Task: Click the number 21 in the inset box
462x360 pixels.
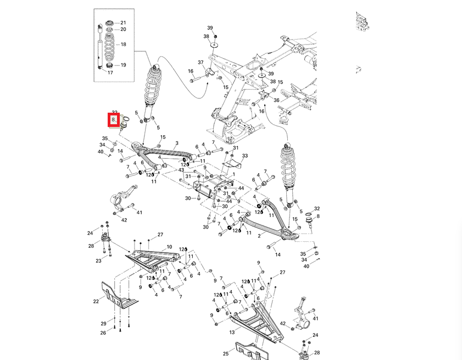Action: point(123,23)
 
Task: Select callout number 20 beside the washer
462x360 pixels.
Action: point(123,29)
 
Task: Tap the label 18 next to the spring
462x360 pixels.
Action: point(123,45)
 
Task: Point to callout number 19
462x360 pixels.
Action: point(123,65)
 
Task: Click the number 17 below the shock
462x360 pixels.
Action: point(110,73)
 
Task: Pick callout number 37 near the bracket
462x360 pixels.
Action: point(201,62)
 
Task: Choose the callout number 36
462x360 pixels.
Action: point(276,100)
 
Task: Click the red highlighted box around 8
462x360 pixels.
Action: point(114,119)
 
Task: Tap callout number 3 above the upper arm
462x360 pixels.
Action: point(177,143)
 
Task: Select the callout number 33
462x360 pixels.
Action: point(245,156)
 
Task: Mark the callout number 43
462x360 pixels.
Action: point(181,170)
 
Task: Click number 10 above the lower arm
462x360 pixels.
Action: point(169,247)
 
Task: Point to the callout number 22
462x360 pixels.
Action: point(96,301)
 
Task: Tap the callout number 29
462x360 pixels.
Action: point(103,323)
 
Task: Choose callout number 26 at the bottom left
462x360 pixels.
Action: point(103,333)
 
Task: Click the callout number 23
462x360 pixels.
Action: point(98,261)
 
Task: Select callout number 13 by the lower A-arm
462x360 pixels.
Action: point(231,333)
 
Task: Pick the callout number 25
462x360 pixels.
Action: point(226,354)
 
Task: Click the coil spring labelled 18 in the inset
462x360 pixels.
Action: point(109,45)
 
